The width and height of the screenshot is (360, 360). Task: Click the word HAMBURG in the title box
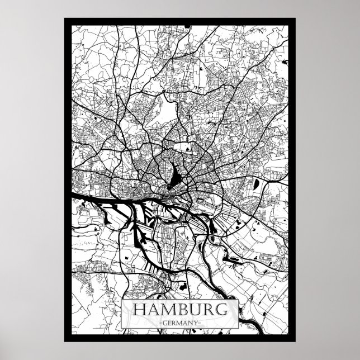tap(179, 309)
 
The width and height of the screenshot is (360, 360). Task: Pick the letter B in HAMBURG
tap(181, 309)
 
